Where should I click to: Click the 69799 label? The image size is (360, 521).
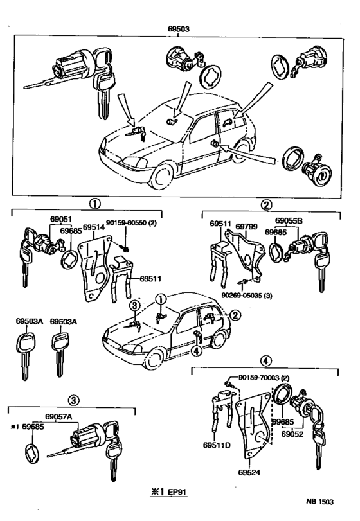coord(246,227)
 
